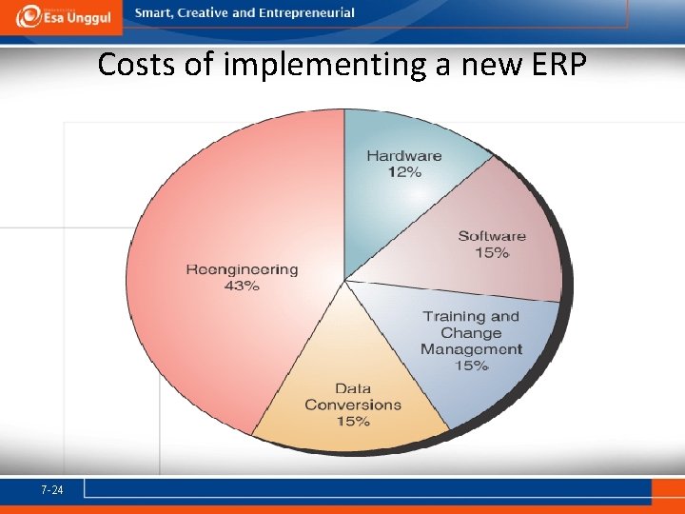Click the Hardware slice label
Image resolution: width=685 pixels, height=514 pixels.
click(x=404, y=155)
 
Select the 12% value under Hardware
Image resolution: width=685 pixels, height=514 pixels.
click(x=404, y=172)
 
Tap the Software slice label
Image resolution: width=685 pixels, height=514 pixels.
click(x=492, y=236)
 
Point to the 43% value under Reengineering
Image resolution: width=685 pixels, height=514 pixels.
click(x=242, y=287)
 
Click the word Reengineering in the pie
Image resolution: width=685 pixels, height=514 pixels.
click(x=242, y=269)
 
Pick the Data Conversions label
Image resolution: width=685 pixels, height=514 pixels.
click(x=353, y=396)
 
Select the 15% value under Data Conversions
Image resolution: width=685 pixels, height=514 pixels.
click(x=352, y=421)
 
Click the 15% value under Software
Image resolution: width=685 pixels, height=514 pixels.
click(x=492, y=253)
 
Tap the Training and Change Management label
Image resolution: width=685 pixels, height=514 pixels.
click(x=471, y=332)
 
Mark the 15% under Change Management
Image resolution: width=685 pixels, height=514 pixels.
click(x=471, y=366)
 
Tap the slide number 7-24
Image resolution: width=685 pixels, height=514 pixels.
click(x=52, y=490)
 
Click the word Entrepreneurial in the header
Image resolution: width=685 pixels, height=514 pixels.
click(x=306, y=13)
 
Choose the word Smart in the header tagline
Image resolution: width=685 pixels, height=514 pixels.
click(x=152, y=13)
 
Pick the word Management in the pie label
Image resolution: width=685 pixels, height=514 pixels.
click(x=471, y=349)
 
